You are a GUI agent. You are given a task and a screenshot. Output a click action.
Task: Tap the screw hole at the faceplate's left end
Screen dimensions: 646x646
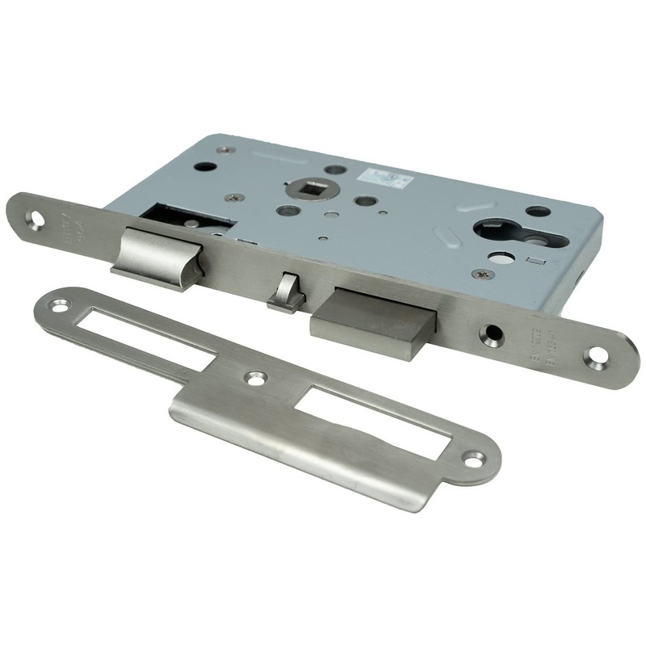[x=35, y=218]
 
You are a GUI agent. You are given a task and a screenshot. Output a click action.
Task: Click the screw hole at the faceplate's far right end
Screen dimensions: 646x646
[x=599, y=356]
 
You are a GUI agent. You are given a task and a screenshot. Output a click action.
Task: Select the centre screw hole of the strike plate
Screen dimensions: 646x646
[x=256, y=377]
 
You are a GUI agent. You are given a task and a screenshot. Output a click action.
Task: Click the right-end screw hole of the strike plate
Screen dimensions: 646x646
[x=472, y=458]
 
